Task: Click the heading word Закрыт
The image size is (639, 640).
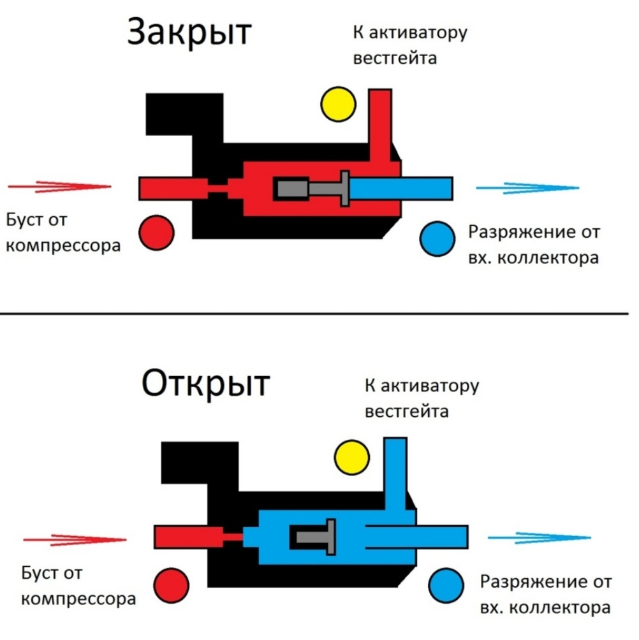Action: click(x=189, y=32)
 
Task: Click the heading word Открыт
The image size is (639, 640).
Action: click(x=205, y=384)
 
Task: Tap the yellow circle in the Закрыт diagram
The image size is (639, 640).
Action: click(x=338, y=103)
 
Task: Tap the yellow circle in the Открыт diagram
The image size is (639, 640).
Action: click(x=353, y=456)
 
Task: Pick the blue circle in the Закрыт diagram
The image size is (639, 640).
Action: click(x=437, y=239)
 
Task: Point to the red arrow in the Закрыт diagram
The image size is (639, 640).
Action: click(x=61, y=187)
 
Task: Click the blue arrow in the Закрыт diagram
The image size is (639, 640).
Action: click(x=527, y=188)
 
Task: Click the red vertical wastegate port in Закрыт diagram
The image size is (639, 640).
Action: click(x=379, y=121)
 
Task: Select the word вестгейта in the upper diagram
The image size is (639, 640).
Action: click(x=395, y=58)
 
